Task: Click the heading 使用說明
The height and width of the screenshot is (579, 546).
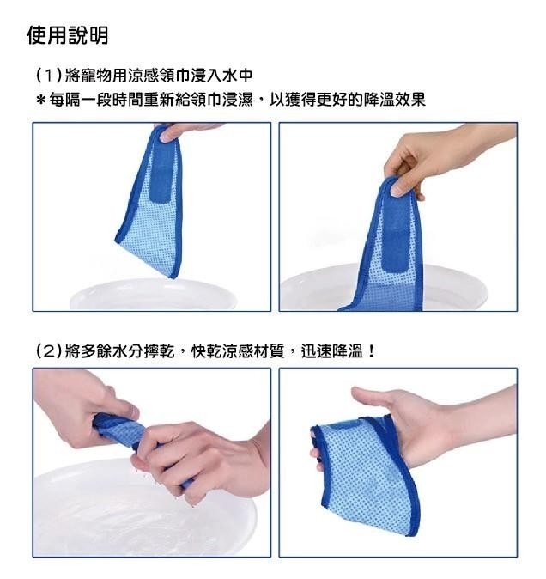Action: (68, 36)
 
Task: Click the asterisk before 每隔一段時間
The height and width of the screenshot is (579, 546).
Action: (41, 100)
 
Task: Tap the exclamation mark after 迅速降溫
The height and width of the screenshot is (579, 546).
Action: (371, 350)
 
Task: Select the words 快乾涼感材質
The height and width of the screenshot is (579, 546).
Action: (238, 350)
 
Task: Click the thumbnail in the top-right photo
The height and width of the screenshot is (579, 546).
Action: (398, 188)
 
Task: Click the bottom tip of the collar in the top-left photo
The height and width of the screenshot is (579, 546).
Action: (173, 277)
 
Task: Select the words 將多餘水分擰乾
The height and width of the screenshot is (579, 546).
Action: (119, 350)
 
